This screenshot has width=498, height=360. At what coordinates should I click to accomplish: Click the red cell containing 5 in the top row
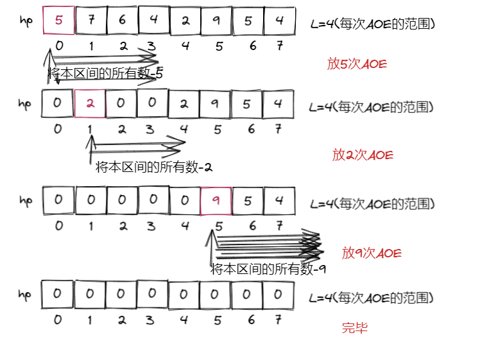[x=59, y=21]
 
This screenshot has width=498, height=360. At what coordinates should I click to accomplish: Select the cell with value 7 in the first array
[x=90, y=21]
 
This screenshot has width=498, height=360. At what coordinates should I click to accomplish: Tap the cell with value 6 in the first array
[x=122, y=21]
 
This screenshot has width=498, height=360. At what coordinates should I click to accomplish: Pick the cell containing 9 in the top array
[x=216, y=21]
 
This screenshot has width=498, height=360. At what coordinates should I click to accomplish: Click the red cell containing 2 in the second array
[x=90, y=103]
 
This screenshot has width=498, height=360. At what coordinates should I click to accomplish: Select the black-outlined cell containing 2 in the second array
[x=185, y=103]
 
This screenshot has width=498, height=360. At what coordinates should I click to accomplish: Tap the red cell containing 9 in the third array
[x=216, y=200]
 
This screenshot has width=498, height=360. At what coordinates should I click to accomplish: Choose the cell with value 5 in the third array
[x=248, y=200]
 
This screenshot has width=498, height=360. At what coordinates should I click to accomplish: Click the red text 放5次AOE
[x=357, y=64]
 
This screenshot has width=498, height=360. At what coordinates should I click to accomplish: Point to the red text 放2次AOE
[x=363, y=155]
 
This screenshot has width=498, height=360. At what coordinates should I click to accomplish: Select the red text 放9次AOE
[x=372, y=253]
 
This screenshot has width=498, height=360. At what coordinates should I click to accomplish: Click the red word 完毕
[x=354, y=329]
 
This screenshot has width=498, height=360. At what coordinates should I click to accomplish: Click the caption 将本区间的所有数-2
[x=154, y=167]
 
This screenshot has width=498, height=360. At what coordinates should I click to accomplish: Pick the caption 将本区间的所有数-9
[x=268, y=269]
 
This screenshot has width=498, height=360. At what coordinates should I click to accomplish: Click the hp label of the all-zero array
[x=24, y=295]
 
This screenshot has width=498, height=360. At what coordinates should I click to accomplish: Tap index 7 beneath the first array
[x=279, y=46]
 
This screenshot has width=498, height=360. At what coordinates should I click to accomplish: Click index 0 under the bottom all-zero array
[x=58, y=320]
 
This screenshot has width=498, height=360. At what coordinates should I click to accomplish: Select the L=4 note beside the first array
[x=372, y=24]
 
